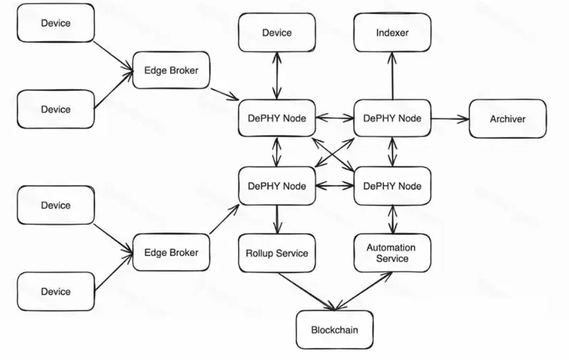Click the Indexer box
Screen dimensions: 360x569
pyautogui.click(x=392, y=33)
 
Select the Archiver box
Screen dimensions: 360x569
pyautogui.click(x=507, y=119)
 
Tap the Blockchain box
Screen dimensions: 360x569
pyautogui.click(x=334, y=330)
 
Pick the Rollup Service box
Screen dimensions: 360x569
pyautogui.click(x=277, y=253)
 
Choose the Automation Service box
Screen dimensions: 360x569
pyautogui.click(x=392, y=253)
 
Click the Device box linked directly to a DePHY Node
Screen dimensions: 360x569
pyautogui.click(x=277, y=33)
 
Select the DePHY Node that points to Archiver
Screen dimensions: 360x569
pyautogui.click(x=392, y=118)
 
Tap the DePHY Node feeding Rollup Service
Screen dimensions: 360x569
pyautogui.click(x=277, y=186)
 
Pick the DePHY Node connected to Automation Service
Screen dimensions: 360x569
pyautogui.click(x=392, y=186)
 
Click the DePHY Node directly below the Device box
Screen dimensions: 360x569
pyautogui.click(x=277, y=118)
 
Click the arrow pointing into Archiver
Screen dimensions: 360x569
pyautogui.click(x=450, y=119)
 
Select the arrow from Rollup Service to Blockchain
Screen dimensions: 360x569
pyautogui.click(x=306, y=292)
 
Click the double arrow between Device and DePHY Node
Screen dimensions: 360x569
pyautogui.click(x=277, y=75)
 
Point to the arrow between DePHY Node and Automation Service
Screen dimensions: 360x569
pyautogui.click(x=392, y=220)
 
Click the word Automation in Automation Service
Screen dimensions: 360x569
pyautogui.click(x=391, y=248)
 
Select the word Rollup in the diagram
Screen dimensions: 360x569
pyautogui.click(x=260, y=253)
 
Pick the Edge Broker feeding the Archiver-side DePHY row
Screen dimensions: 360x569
pyautogui.click(x=171, y=70)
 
